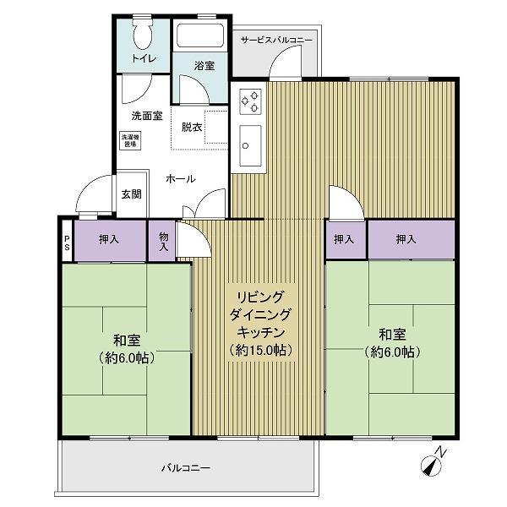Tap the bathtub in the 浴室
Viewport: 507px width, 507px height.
point(200,35)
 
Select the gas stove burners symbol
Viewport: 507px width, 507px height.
point(250,101)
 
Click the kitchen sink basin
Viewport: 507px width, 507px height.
point(250,145)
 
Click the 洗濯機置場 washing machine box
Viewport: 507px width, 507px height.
point(131,140)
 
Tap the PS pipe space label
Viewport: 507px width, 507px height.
point(67,243)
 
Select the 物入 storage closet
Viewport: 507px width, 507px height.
point(162,241)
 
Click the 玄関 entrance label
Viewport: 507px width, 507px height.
point(131,194)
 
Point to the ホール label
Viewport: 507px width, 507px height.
point(181,178)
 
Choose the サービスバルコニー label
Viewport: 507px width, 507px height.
point(277,40)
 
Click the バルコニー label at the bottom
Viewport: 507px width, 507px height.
point(186,468)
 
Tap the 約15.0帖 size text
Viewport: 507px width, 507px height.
point(260,350)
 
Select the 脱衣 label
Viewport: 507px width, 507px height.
point(192,127)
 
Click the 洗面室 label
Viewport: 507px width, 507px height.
point(147,116)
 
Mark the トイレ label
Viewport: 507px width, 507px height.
point(144,58)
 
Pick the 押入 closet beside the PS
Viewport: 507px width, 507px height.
point(110,241)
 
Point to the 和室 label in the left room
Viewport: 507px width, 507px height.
point(127,341)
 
